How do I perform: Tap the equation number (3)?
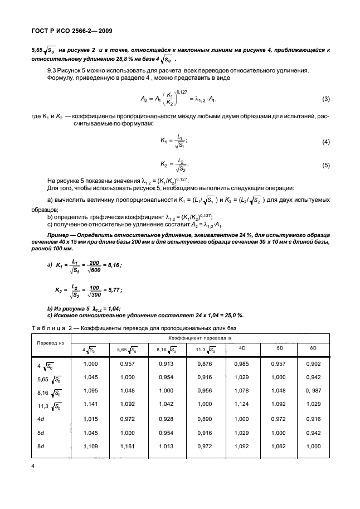coord(326,99)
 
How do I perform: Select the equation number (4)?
coord(326,142)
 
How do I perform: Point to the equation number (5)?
coord(326,166)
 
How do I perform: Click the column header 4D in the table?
coord(242,348)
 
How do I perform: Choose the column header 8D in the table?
coord(313,348)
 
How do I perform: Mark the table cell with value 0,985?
coord(242,363)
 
